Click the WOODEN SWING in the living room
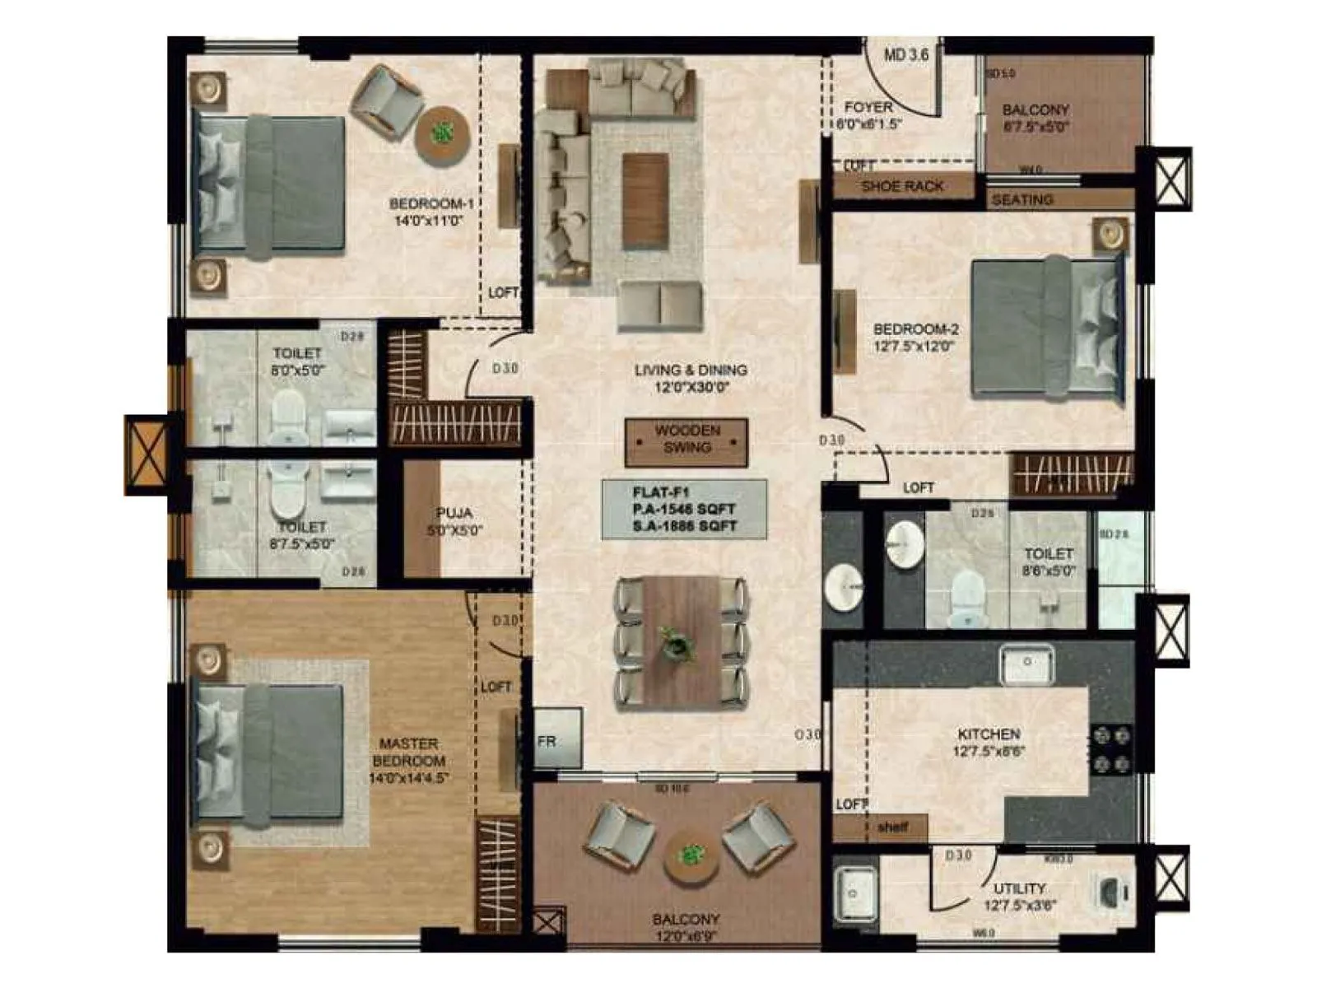click(686, 441)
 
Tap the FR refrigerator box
click(557, 739)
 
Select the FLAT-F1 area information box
click(684, 510)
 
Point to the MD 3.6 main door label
click(905, 55)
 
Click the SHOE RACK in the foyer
click(902, 186)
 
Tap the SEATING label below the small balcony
click(1022, 199)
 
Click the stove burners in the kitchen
click(1110, 750)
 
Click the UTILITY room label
click(1019, 888)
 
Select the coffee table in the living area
click(645, 201)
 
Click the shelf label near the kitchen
click(892, 827)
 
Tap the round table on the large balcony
click(691, 858)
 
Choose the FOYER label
click(868, 107)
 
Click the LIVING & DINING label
click(691, 370)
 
